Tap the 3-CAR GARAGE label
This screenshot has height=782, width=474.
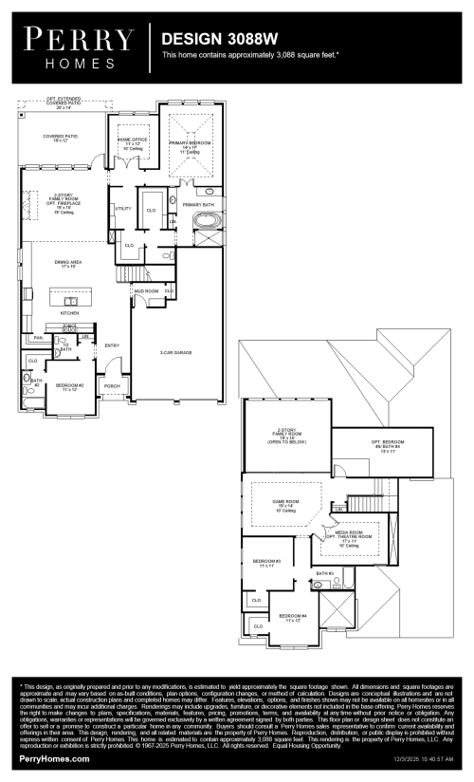point(175,352)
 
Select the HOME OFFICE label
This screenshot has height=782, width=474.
point(132,141)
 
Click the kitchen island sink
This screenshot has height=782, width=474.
point(71,300)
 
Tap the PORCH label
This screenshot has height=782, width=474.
point(112,386)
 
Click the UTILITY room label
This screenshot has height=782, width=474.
point(123,208)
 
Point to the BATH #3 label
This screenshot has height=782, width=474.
point(324,573)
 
